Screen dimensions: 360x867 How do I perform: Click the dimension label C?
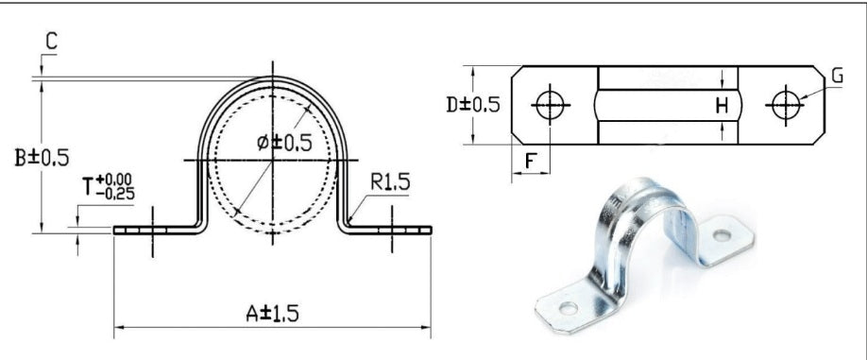(x=51, y=41)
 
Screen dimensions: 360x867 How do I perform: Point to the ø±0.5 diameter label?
(x=283, y=142)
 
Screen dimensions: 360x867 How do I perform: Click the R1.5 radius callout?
(x=388, y=181)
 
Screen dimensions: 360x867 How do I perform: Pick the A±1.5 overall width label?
(x=268, y=313)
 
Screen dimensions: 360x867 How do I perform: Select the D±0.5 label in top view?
(x=472, y=104)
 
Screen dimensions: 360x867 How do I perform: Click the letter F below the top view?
(x=530, y=160)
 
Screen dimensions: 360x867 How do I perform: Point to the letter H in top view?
(x=721, y=107)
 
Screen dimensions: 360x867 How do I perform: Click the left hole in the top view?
(x=549, y=105)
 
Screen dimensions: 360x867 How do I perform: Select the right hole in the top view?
(x=785, y=105)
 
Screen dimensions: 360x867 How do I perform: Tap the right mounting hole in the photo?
(x=722, y=232)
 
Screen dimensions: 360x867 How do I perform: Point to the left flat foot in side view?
(x=151, y=229)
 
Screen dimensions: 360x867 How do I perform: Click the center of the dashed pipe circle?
(x=273, y=162)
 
